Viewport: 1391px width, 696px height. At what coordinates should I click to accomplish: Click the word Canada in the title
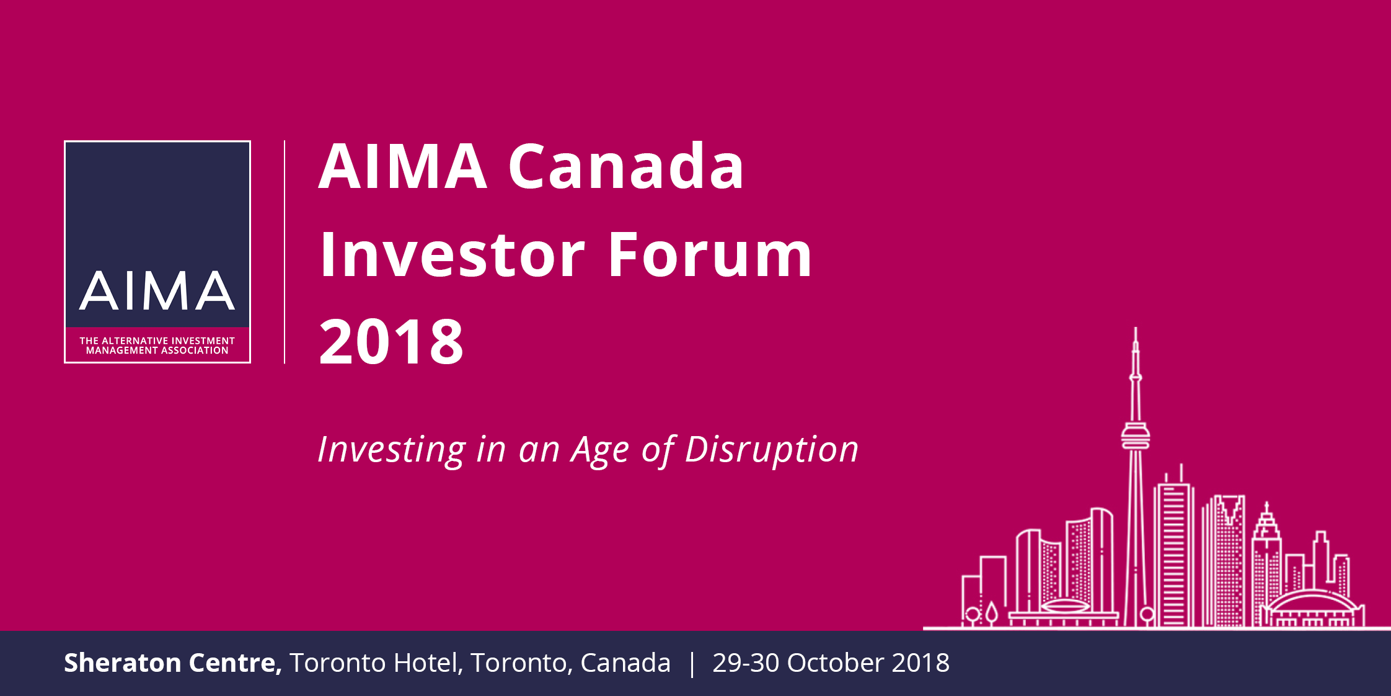[626, 166]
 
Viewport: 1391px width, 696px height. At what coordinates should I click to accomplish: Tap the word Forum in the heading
[710, 254]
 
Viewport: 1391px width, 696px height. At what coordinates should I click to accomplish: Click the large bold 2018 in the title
[391, 341]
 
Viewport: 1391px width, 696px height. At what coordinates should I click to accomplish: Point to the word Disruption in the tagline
[772, 450]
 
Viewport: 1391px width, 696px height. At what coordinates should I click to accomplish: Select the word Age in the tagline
[600, 450]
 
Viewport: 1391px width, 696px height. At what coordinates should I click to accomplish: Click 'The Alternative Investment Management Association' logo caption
[157, 346]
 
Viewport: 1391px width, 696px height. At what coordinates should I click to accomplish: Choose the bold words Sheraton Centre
[173, 663]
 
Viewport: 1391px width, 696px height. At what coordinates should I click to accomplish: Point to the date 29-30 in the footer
[746, 663]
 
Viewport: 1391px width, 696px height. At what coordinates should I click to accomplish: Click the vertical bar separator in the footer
[692, 664]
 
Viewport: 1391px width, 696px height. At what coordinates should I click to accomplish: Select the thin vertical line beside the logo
[285, 252]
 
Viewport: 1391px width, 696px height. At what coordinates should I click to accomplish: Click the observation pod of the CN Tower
[1136, 435]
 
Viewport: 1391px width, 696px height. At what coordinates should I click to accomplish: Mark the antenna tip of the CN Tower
[1136, 328]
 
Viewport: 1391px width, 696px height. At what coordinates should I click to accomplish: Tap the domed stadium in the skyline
[1312, 608]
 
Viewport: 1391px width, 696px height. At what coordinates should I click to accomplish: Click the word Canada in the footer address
[625, 663]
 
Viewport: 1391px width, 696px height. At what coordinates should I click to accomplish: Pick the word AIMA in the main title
[403, 166]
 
